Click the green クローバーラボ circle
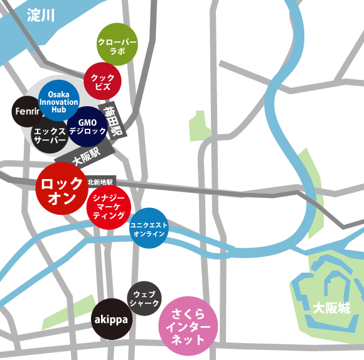point(117,43)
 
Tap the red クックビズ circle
point(102,81)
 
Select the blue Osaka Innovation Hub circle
point(58,101)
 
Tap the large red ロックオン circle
point(61,189)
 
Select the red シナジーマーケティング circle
point(109,206)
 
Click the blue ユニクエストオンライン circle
point(149,228)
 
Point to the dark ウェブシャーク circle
point(145,298)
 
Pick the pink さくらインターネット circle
point(188,327)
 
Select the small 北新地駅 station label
point(102,180)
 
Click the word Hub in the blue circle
point(58,109)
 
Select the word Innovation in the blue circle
point(58,101)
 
